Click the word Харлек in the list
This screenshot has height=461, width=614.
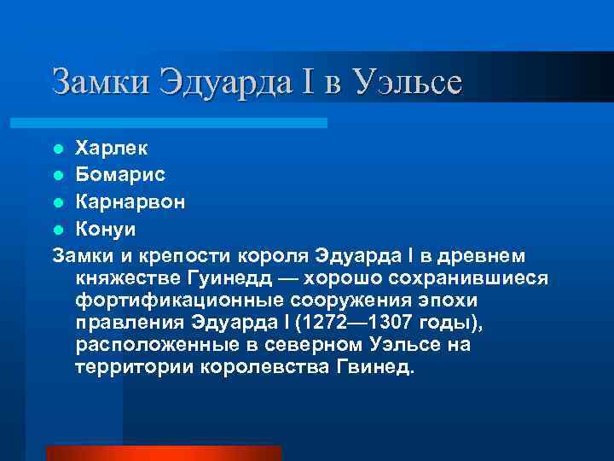[111, 148]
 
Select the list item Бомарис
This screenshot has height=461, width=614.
[120, 175]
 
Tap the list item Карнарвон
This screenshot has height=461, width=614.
[130, 202]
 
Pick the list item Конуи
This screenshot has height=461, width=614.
[105, 230]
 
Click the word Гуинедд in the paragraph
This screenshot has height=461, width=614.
[223, 279]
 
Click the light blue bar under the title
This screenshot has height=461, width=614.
[188, 123]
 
